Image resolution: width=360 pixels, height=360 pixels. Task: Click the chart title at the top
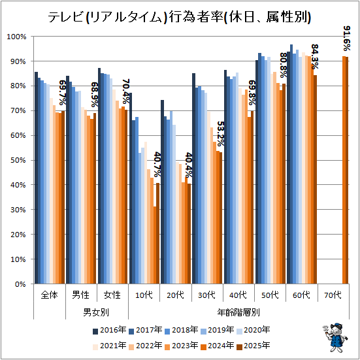[179, 18]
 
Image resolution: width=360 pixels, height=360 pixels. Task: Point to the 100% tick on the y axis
[16, 37]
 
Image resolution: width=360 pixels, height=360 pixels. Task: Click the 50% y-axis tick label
[18, 160]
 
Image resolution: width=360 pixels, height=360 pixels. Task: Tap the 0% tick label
[20, 284]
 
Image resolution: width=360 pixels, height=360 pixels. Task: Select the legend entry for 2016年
[110, 330]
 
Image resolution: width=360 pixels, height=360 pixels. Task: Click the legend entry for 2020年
[254, 330]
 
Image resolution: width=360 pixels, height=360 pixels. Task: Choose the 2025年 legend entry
[254, 346]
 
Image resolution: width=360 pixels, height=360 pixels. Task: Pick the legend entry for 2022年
[146, 346]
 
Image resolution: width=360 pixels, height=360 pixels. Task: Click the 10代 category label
[144, 295]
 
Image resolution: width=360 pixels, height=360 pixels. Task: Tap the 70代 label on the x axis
[333, 295]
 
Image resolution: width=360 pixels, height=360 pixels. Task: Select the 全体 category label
[49, 295]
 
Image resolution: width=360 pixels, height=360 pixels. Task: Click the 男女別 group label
[96, 312]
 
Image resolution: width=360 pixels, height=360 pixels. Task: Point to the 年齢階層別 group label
[238, 312]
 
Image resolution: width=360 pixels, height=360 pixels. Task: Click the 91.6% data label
[347, 39]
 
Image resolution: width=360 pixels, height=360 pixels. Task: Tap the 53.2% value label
[220, 134]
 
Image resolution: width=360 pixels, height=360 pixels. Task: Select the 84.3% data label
[315, 57]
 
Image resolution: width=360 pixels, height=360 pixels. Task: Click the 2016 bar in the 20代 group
[162, 192]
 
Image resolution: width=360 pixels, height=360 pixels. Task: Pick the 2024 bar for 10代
[155, 245]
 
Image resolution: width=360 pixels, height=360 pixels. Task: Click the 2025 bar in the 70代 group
[347, 171]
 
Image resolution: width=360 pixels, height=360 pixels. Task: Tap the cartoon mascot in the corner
[335, 338]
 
